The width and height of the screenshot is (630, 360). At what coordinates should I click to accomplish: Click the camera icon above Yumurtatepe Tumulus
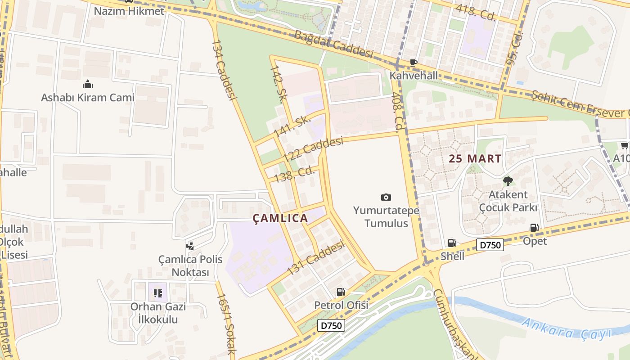pyautogui.click(x=386, y=197)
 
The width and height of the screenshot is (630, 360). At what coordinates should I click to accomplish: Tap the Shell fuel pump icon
pyautogui.click(x=452, y=243)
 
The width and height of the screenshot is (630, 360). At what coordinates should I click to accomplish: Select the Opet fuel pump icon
pyautogui.click(x=534, y=228)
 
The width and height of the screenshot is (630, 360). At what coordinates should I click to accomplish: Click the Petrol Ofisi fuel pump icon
pyautogui.click(x=341, y=292)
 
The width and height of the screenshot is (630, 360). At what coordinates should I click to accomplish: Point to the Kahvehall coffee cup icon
pyautogui.click(x=413, y=63)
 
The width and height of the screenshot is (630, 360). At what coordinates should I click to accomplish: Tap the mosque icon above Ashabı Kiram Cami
pyautogui.click(x=87, y=84)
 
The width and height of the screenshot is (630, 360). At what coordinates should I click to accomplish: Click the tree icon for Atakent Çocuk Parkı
pyautogui.click(x=508, y=181)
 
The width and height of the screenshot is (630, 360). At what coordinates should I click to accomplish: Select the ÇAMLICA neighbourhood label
pyautogui.click(x=280, y=218)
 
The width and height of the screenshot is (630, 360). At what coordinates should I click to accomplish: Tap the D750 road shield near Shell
pyautogui.click(x=490, y=245)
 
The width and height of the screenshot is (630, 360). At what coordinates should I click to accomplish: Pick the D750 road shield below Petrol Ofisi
pyautogui.click(x=331, y=325)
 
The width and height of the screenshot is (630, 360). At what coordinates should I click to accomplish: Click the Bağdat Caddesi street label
pyautogui.click(x=333, y=44)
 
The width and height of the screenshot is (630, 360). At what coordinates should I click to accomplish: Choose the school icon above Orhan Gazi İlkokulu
pyautogui.click(x=157, y=293)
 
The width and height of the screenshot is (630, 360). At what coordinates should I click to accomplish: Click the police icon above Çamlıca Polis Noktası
pyautogui.click(x=190, y=246)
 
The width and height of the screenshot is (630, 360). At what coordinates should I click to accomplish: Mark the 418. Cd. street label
pyautogui.click(x=475, y=13)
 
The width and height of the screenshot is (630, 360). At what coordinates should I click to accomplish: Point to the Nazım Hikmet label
pyautogui.click(x=129, y=11)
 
